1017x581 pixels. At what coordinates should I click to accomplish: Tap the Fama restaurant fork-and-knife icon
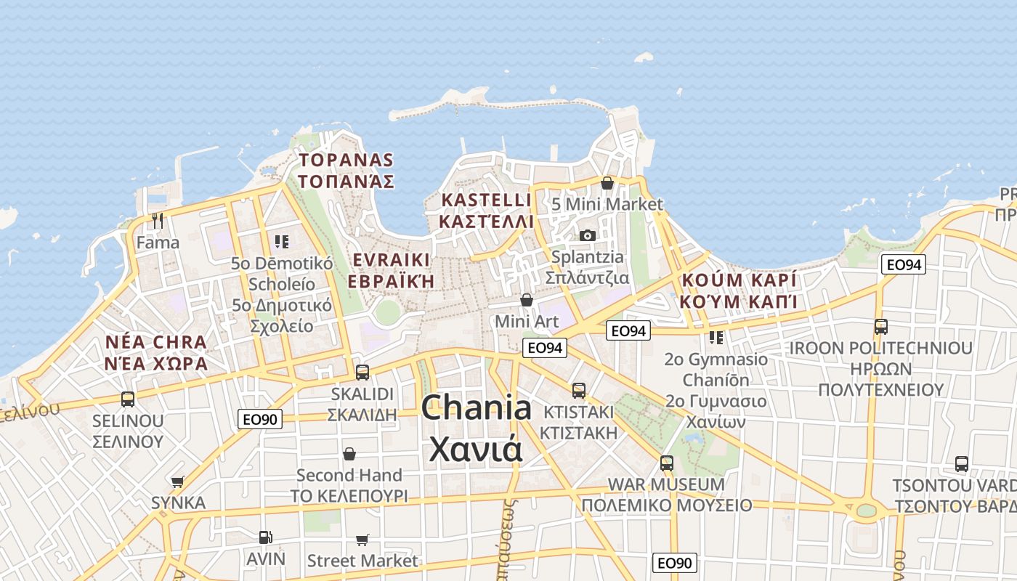pyautogui.click(x=158, y=220)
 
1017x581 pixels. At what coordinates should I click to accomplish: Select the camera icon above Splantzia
pyautogui.click(x=588, y=235)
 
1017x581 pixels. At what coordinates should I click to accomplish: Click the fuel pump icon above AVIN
pyautogui.click(x=266, y=537)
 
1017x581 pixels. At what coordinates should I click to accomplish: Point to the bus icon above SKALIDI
pyautogui.click(x=362, y=373)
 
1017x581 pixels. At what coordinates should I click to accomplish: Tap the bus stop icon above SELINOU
pyautogui.click(x=128, y=399)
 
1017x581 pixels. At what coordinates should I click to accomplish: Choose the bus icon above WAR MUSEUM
pyautogui.click(x=666, y=463)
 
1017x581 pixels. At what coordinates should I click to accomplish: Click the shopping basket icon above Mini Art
pyautogui.click(x=527, y=300)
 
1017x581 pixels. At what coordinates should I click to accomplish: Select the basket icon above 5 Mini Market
pyautogui.click(x=607, y=183)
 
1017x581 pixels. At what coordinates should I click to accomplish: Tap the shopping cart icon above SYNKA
pyautogui.click(x=178, y=481)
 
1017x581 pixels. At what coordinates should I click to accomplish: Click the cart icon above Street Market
pyautogui.click(x=362, y=540)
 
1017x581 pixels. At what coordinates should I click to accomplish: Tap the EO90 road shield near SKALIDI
pyautogui.click(x=260, y=419)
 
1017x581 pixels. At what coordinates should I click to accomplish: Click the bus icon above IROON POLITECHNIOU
pyautogui.click(x=880, y=327)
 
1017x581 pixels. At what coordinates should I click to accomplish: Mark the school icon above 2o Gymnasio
pyautogui.click(x=716, y=338)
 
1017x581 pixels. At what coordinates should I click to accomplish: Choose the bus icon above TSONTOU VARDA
pyautogui.click(x=961, y=463)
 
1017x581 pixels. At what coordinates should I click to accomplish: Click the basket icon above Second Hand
pyautogui.click(x=349, y=454)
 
